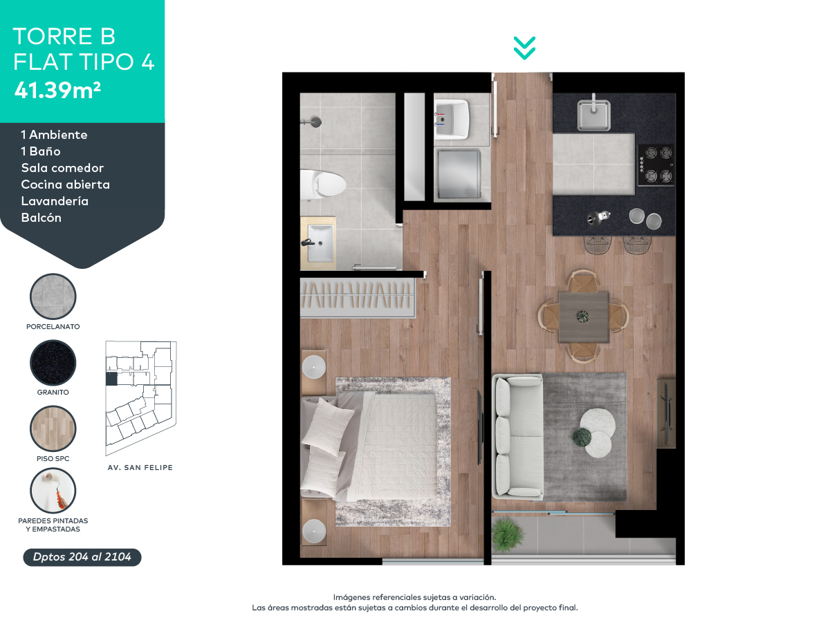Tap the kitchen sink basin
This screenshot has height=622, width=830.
(593, 115)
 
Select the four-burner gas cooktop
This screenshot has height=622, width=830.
(655, 164)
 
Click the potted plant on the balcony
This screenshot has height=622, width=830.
(507, 533)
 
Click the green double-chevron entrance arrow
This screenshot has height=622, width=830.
(524, 48)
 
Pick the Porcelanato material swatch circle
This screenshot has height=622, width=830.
(53, 296)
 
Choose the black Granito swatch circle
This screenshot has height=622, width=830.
(53, 363)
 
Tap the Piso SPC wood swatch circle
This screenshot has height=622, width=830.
(53, 428)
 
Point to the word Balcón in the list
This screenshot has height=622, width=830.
(41, 218)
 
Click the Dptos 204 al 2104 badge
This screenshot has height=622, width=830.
(82, 557)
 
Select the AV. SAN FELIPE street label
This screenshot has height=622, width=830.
(140, 468)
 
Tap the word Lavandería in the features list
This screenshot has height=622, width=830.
(55, 201)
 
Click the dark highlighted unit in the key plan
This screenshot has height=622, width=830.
(111, 379)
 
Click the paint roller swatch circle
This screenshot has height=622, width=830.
(53, 491)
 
